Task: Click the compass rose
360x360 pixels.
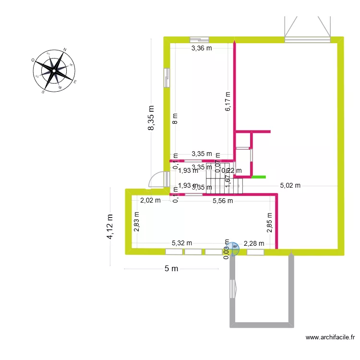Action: [54, 71]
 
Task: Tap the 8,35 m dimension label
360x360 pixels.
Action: [151, 118]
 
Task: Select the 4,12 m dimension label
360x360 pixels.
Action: [111, 227]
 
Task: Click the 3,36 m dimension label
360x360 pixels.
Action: [202, 48]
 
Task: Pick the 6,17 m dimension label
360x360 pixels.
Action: [228, 101]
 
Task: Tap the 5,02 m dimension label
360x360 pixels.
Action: [290, 186]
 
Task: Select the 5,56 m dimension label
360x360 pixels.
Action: [223, 201]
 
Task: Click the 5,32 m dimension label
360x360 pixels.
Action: [182, 243]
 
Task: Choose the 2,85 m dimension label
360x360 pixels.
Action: [269, 223]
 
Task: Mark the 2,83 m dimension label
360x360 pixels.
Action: [137, 222]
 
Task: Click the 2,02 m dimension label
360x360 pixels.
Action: [150, 201]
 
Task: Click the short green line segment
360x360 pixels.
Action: [258, 177]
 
